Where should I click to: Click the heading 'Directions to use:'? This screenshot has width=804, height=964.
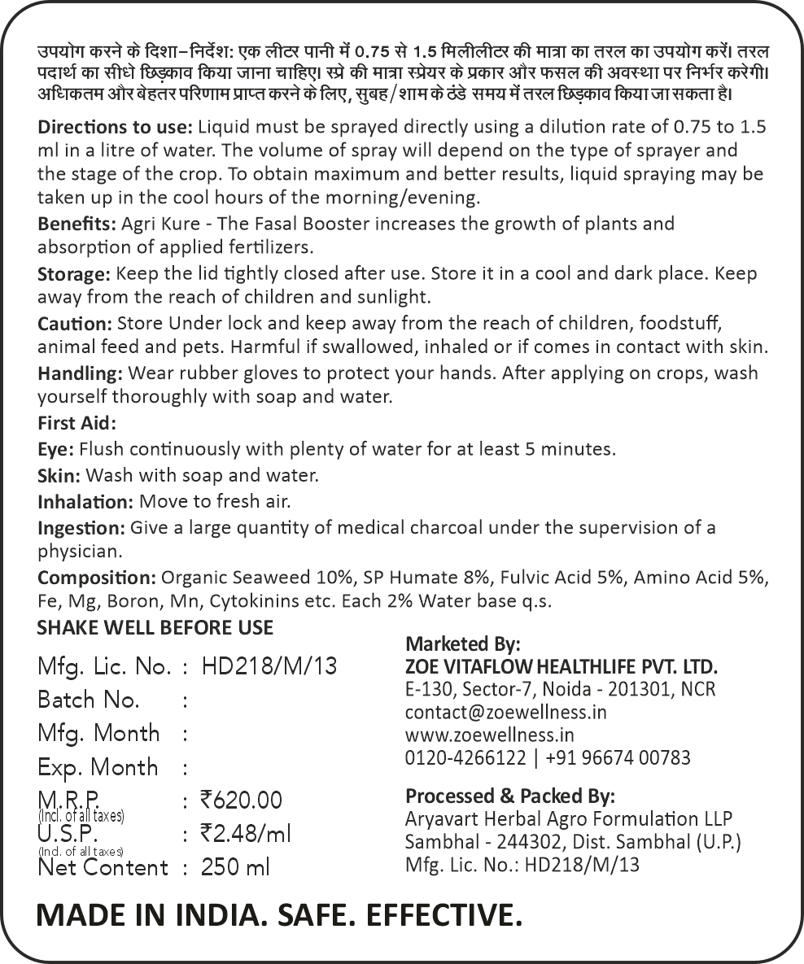coord(115,129)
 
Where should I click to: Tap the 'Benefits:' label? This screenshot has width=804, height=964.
coord(76,223)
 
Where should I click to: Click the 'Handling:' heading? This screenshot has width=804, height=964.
coord(80,374)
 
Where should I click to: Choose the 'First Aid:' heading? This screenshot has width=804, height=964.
coord(77,424)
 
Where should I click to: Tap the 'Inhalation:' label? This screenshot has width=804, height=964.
coord(85,502)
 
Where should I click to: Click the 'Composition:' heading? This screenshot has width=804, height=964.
coord(96,578)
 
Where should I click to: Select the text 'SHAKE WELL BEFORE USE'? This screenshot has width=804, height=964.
coord(155,628)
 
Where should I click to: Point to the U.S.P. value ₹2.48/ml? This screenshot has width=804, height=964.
coord(245,834)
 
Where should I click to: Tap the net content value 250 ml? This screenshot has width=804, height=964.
coord(235,868)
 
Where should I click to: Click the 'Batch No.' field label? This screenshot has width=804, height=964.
coord(89,700)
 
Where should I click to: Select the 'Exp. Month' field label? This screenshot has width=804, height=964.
coord(98,767)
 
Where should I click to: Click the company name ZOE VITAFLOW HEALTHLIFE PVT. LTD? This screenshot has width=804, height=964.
coord(561,667)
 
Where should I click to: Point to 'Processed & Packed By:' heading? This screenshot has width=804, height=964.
coord(509,796)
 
